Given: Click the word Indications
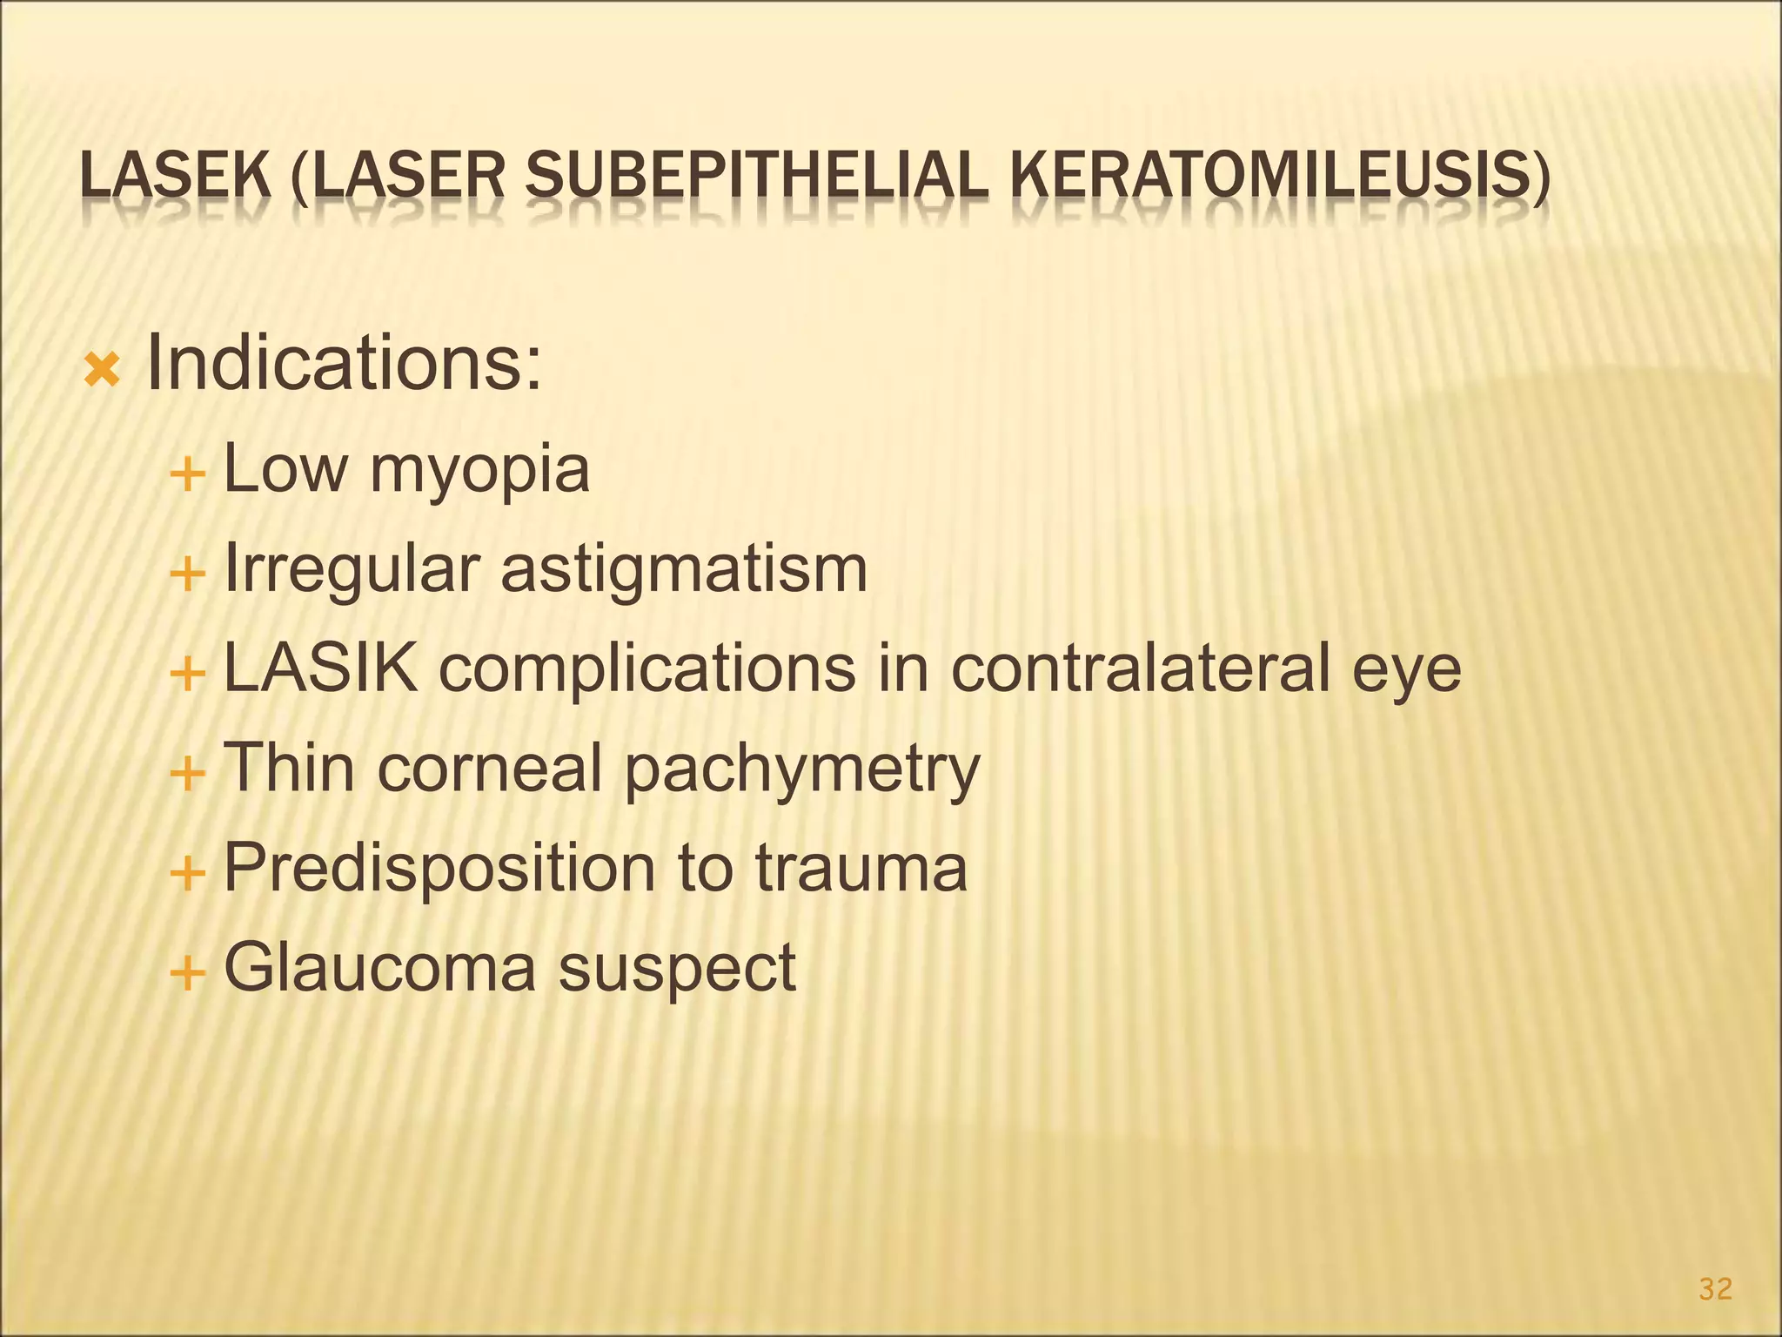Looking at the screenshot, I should click(344, 363).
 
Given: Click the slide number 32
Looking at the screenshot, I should click(1715, 1289).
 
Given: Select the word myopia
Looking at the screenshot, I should click(479, 470).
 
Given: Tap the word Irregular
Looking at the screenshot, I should click(352, 569).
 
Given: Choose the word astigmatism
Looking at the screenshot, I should click(684, 569).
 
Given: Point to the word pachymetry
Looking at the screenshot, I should click(802, 770).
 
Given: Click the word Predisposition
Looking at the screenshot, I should click(439, 868).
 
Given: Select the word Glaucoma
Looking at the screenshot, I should click(380, 967).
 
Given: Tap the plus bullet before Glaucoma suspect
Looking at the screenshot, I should click(187, 972).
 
